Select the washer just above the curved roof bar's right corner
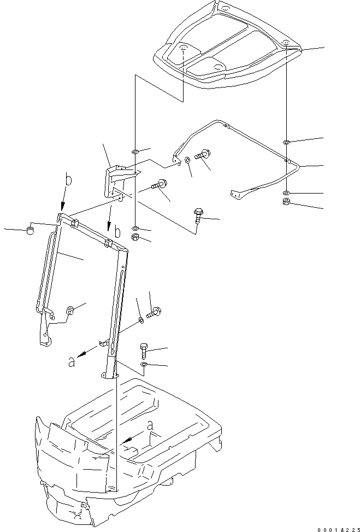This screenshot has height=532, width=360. [287, 142]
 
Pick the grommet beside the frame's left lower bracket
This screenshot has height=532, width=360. [70, 310]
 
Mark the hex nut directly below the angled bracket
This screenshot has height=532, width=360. [135, 237]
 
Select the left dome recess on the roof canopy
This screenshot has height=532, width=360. [184, 50]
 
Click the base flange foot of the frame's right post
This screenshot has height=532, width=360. [109, 376]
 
